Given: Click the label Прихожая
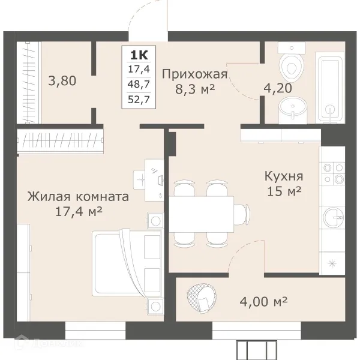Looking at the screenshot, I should (x=194, y=74).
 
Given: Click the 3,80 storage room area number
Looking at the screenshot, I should (x=62, y=79).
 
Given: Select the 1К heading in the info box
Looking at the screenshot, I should (x=137, y=55).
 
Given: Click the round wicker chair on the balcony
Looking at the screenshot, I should (x=201, y=298).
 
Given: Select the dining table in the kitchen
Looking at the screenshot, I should (x=201, y=213).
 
